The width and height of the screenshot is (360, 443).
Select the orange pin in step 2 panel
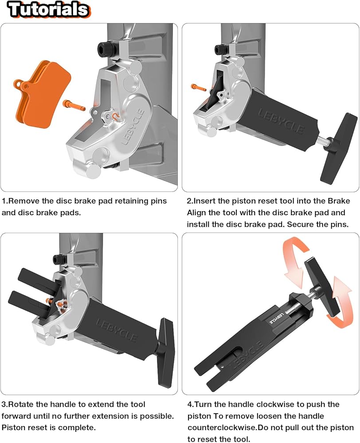pos(199,87)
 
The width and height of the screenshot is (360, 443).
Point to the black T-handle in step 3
pos(166,352)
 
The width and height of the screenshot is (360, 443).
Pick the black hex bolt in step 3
pos(59,259)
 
